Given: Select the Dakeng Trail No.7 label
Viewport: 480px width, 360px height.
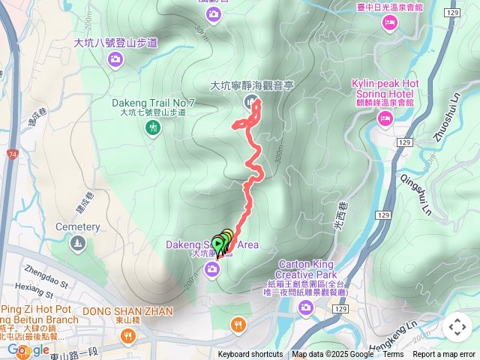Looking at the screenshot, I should pos(153,102).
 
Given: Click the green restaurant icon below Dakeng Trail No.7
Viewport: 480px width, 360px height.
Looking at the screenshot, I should pos(153,128).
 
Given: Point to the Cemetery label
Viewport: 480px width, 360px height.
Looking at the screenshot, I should pos(78,226).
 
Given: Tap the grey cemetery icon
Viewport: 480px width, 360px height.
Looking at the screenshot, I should pos(78,243).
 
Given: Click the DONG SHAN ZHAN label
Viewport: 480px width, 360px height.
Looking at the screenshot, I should pos(127,310).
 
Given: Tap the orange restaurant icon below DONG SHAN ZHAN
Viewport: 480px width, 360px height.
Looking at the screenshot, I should pos(238,325).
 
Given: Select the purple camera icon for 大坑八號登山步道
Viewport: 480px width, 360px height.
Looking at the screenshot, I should pos(115,59).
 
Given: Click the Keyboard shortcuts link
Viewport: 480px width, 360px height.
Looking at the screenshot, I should pos(250,355).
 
